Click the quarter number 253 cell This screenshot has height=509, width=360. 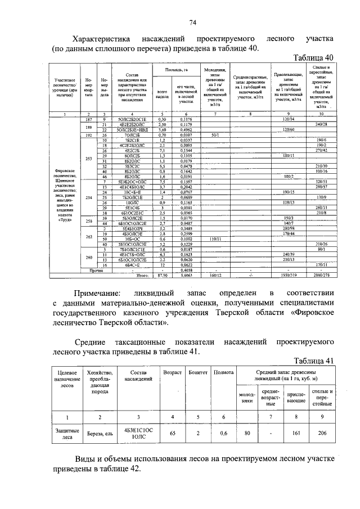click(88, 159)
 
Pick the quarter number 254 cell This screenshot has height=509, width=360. click(88, 198)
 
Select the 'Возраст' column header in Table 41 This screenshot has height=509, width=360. click(172, 373)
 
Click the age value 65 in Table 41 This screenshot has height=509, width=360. click(172, 434)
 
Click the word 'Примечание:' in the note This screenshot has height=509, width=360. click(97, 294)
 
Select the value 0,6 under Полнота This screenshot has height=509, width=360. click(223, 434)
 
